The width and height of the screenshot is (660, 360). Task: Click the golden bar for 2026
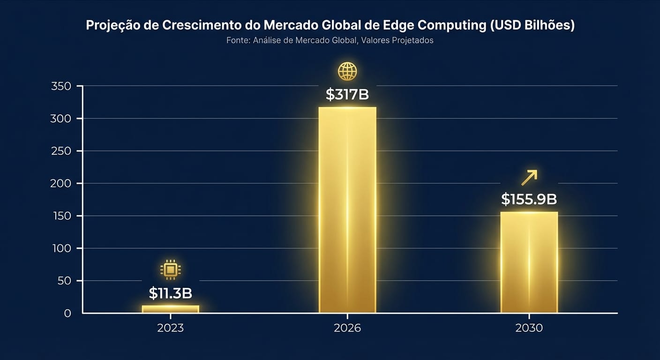tap(347, 210)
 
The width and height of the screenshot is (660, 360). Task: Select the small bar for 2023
tap(171, 309)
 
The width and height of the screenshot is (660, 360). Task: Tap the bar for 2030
tap(529, 262)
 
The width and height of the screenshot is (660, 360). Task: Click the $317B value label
tap(347, 95)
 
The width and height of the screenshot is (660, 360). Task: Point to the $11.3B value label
tap(171, 293)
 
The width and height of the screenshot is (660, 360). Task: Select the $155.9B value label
tap(529, 199)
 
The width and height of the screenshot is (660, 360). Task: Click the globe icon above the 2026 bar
tap(347, 72)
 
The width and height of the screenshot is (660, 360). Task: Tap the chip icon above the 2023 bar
tap(171, 270)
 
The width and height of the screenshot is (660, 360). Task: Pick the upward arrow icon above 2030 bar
tap(529, 178)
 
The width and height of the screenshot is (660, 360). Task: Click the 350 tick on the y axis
tap(61, 86)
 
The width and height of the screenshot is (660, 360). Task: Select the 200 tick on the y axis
tap(61, 183)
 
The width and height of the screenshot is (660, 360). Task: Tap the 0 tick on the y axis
tap(67, 313)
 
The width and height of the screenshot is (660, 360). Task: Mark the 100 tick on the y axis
tap(61, 248)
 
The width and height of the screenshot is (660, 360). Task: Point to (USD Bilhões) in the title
tap(532, 25)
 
